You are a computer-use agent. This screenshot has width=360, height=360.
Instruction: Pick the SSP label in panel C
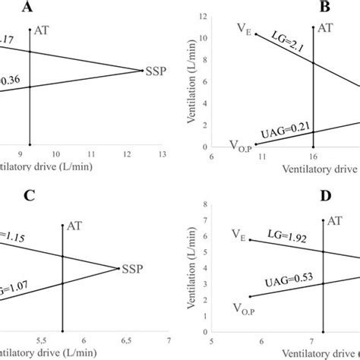[x=131, y=268]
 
